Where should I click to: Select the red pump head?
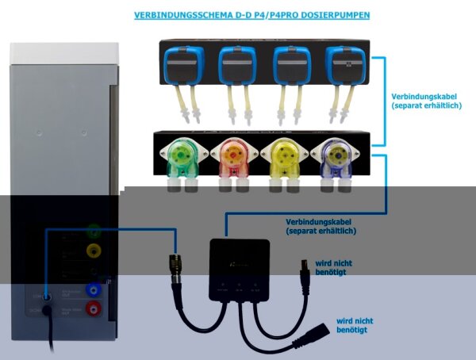coord(231,156)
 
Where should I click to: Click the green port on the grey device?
coord(94,233)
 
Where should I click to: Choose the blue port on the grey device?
coord(94,290)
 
